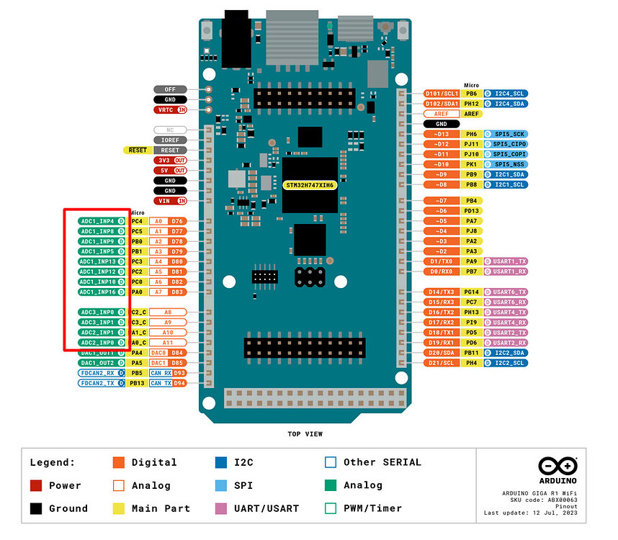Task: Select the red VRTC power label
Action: coord(170,110)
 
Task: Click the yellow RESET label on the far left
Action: coord(137,150)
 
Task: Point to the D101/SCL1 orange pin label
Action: coord(442,94)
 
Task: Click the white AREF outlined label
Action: coord(442,114)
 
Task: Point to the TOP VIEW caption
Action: coord(305,434)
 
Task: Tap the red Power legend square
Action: coord(36,485)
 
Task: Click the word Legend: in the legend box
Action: coord(53,462)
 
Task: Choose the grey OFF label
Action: coord(170,89)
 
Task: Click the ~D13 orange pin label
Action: coord(442,134)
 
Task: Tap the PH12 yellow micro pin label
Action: coord(471,104)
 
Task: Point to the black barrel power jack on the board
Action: coord(235,40)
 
